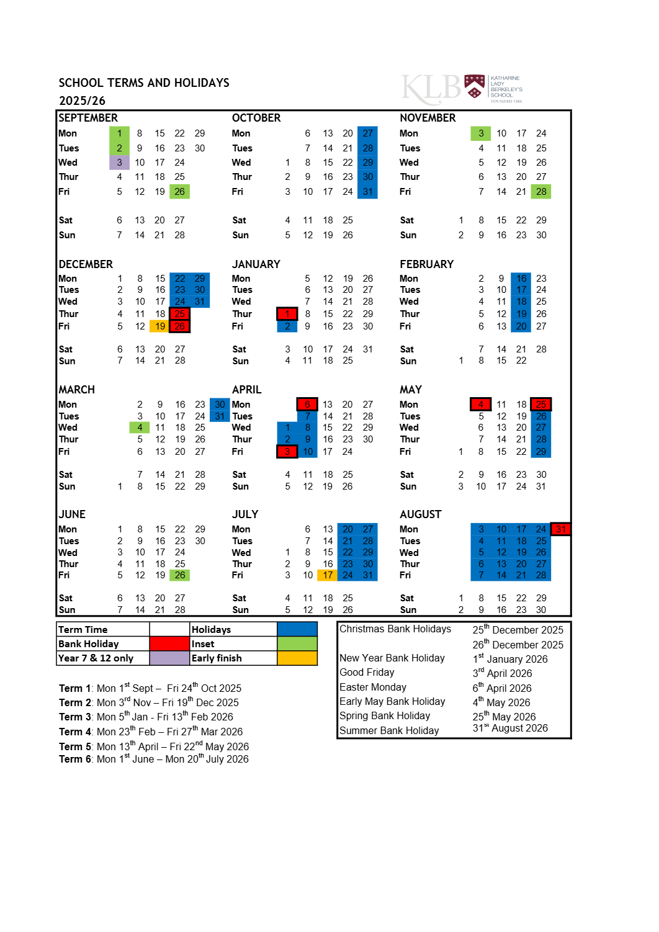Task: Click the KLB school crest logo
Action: pyautogui.click(x=475, y=87)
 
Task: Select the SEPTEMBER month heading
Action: pyautogui.click(x=88, y=118)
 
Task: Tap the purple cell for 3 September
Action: pyautogui.click(x=120, y=163)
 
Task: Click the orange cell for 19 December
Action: pyautogui.click(x=160, y=326)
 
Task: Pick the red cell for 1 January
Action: pyautogui.click(x=287, y=314)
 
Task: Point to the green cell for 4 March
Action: pyautogui.click(x=140, y=428)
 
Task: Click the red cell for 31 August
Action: pyautogui.click(x=561, y=529)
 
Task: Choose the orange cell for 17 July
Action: pyautogui.click(x=328, y=575)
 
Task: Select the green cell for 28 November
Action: pyautogui.click(x=541, y=192)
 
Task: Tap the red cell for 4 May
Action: pyautogui.click(x=481, y=405)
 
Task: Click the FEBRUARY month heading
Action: pyautogui.click(x=426, y=264)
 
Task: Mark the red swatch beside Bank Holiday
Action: pyautogui.click(x=169, y=644)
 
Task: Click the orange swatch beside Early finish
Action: pyautogui.click(x=297, y=658)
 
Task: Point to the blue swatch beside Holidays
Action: pyautogui.click(x=297, y=629)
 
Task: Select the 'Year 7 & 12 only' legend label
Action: pyautogui.click(x=96, y=658)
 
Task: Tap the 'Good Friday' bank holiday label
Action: pyautogui.click(x=367, y=673)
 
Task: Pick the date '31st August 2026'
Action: pyautogui.click(x=510, y=728)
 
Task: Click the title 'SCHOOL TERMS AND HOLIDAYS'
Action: pyautogui.click(x=144, y=83)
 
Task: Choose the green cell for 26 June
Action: pyautogui.click(x=180, y=575)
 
